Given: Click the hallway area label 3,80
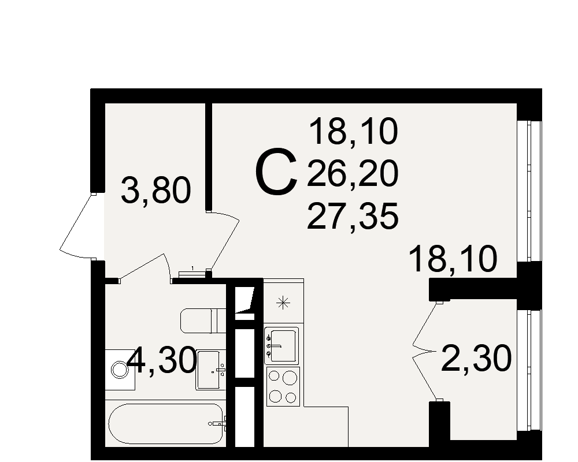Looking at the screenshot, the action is (x=156, y=191).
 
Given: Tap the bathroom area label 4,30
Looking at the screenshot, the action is (x=162, y=360).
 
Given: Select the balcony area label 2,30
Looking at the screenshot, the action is (x=476, y=358).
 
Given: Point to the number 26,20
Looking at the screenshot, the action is (x=353, y=173).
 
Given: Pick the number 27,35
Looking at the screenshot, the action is (x=353, y=216).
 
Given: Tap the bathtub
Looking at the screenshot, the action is (x=166, y=424).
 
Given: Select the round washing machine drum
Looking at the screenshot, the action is (x=120, y=370).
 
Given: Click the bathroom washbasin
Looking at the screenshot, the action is (x=211, y=370).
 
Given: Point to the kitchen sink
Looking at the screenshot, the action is (x=281, y=345).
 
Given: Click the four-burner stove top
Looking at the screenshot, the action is (x=283, y=386).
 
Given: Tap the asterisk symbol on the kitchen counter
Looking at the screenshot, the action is (x=283, y=303).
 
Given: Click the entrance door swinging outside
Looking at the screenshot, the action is (x=77, y=225).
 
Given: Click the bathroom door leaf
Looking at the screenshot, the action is (x=142, y=267).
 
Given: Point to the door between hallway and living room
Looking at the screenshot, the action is (x=224, y=241).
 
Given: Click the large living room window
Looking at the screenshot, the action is (x=529, y=191).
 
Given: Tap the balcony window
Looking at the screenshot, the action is (x=529, y=370).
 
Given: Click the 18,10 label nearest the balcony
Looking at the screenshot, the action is (x=453, y=259).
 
